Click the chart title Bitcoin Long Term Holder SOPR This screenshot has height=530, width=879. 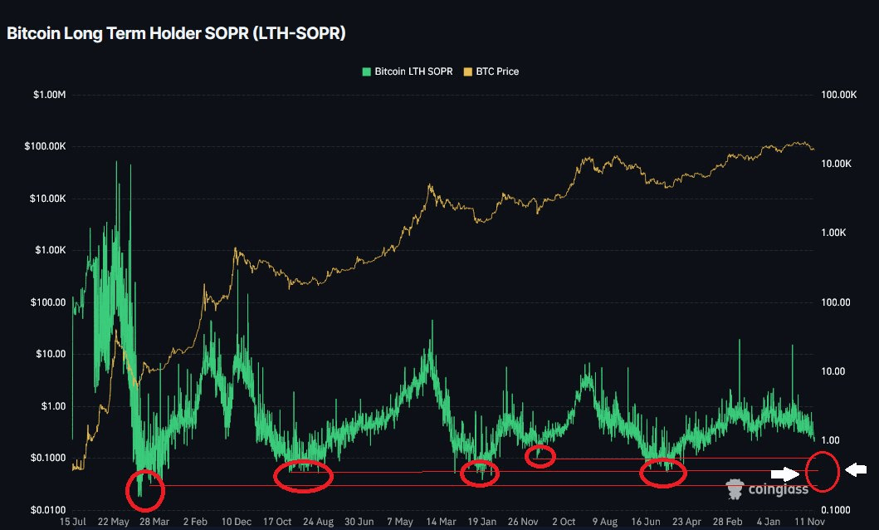(x=176, y=34)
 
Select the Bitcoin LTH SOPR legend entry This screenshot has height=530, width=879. (x=408, y=71)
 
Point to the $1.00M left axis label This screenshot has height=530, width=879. (x=49, y=96)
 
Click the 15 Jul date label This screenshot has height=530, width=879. (x=72, y=522)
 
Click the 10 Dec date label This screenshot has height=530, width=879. (x=237, y=522)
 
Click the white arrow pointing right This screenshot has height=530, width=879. (x=784, y=474)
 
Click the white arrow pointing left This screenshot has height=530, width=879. (x=856, y=470)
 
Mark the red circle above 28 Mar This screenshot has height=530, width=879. (x=144, y=490)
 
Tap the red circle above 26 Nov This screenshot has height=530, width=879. (x=540, y=456)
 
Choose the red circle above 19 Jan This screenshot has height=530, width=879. (x=480, y=472)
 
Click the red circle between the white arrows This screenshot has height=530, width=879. (x=822, y=470)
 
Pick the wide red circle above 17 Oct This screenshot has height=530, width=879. (x=303, y=475)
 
